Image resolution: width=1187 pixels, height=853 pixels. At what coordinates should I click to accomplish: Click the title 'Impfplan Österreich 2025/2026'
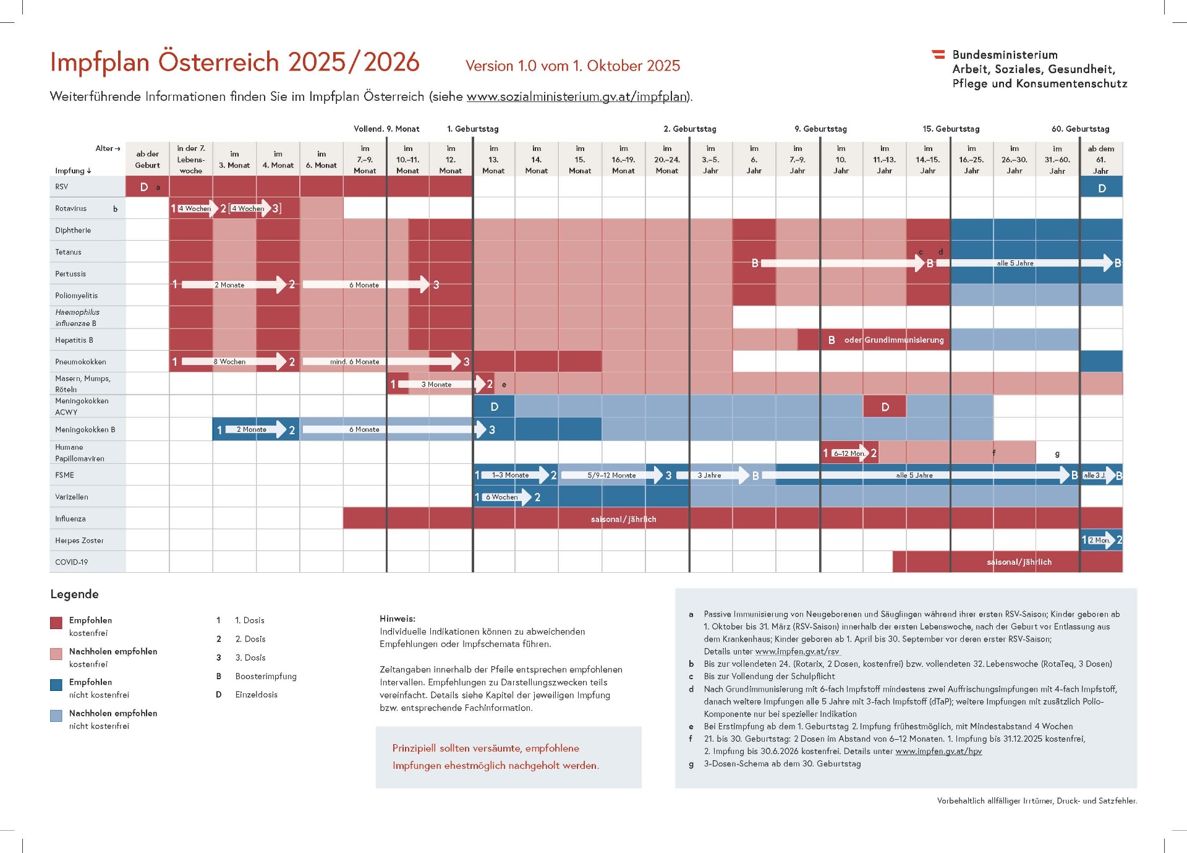click(234, 62)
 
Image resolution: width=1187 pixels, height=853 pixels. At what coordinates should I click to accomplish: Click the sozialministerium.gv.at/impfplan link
click(577, 96)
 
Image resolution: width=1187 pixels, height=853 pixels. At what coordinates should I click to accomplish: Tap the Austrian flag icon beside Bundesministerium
click(938, 54)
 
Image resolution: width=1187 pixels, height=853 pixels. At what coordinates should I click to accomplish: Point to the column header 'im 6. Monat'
click(321, 160)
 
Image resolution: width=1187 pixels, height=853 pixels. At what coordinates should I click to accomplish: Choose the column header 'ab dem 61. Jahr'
click(1100, 160)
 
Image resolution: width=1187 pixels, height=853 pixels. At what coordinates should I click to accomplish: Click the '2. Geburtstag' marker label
click(689, 129)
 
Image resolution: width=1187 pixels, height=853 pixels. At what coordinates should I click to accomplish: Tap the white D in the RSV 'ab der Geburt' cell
click(144, 187)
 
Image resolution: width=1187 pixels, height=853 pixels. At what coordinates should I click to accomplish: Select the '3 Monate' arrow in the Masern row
click(437, 384)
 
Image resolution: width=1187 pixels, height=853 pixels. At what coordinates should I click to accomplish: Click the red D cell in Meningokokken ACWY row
click(885, 407)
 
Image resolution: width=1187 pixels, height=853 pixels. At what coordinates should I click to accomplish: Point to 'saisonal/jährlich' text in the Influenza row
click(623, 519)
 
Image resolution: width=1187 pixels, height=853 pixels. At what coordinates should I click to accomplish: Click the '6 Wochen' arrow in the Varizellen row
click(501, 497)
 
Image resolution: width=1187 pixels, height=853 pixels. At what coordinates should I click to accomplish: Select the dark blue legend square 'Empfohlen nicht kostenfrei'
click(56, 685)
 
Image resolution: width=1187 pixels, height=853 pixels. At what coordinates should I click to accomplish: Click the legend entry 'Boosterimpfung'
click(266, 676)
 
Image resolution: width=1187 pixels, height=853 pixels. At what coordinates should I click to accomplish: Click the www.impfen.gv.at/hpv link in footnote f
click(938, 751)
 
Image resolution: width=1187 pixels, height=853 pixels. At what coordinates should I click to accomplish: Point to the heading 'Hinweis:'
click(398, 619)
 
